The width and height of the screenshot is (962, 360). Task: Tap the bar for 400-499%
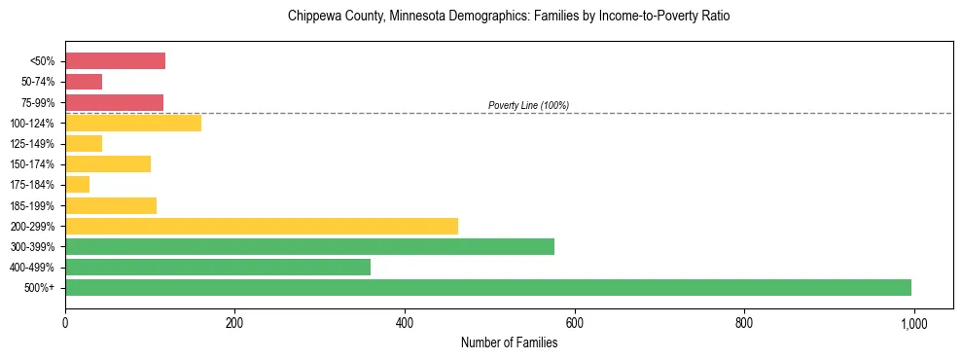pyautogui.click(x=218, y=267)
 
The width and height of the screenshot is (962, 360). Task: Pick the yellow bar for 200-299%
pyautogui.click(x=262, y=226)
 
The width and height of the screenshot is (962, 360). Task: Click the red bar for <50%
pyautogui.click(x=115, y=61)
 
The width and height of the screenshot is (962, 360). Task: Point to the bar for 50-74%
pyautogui.click(x=84, y=82)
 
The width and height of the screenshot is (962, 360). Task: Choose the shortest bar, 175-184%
pyautogui.click(x=78, y=184)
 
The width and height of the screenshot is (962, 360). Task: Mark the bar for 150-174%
pyautogui.click(x=108, y=163)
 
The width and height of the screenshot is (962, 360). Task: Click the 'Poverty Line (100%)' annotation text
pyautogui.click(x=528, y=105)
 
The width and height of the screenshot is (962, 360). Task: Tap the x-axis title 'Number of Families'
pyautogui.click(x=509, y=342)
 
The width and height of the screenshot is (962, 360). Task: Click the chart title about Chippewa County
pyautogui.click(x=509, y=17)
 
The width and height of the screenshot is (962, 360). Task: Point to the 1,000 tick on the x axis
pyautogui.click(x=913, y=323)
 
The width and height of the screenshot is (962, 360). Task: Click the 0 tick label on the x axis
pyautogui.click(x=65, y=323)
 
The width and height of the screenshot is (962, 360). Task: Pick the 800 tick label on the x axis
pyautogui.click(x=744, y=323)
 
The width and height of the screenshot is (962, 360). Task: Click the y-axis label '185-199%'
pyautogui.click(x=34, y=206)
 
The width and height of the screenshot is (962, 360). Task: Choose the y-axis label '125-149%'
pyautogui.click(x=34, y=144)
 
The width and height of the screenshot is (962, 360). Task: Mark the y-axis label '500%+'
pyautogui.click(x=40, y=288)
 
